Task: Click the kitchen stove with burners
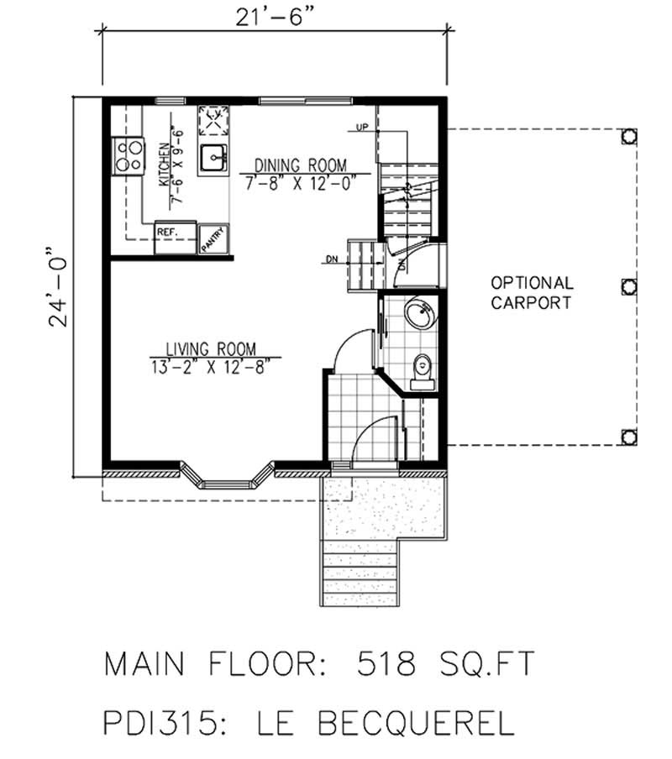pyautogui.click(x=129, y=154)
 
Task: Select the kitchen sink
pyautogui.click(x=214, y=156)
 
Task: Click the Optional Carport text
pyautogui.click(x=532, y=293)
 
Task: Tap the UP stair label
pyautogui.click(x=363, y=128)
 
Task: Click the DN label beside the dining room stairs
pyautogui.click(x=333, y=259)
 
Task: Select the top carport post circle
pyautogui.click(x=627, y=136)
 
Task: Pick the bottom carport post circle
pyautogui.click(x=627, y=436)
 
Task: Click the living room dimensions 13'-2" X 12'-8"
pyautogui.click(x=210, y=365)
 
